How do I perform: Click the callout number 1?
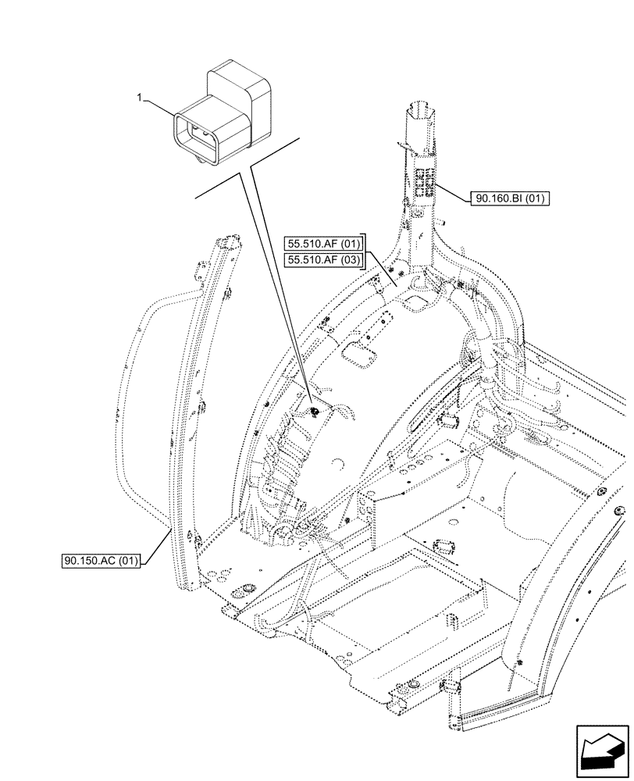tap(139, 98)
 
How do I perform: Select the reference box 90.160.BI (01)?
tap(511, 199)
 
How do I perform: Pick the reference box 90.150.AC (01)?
tap(101, 561)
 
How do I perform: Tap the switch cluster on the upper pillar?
tap(426, 182)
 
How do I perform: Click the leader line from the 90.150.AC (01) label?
tap(156, 547)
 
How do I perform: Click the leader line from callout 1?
tap(160, 107)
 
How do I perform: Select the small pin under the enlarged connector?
tap(205, 162)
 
